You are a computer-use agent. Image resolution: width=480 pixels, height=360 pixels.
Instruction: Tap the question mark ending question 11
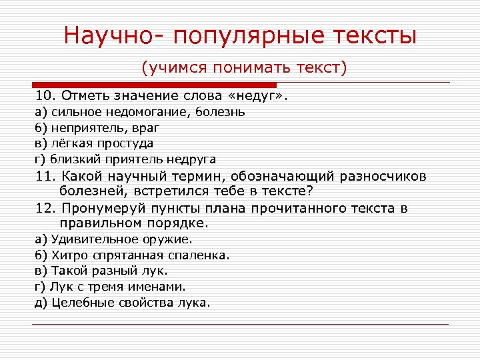(310, 192)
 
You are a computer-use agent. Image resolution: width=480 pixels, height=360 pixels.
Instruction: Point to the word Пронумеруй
(101, 208)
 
